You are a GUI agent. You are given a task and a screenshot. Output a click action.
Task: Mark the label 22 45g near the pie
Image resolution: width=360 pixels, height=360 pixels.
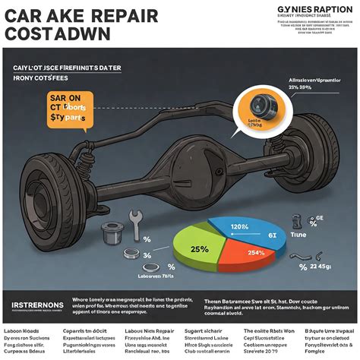click(x=321, y=267)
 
